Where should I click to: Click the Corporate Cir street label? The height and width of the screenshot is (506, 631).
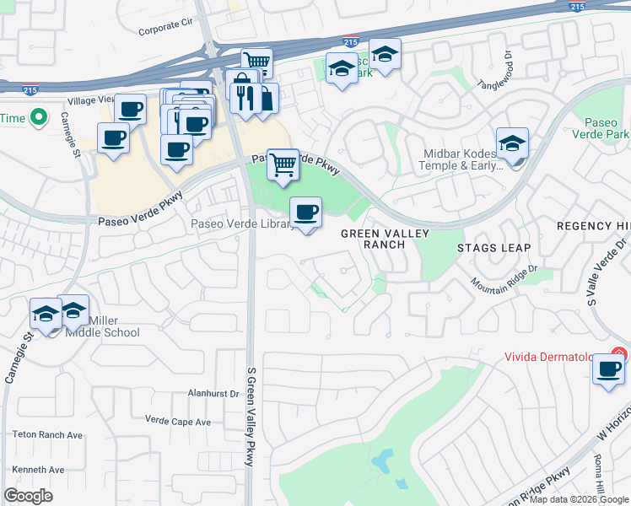click(166, 30)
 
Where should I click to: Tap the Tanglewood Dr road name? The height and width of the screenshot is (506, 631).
click(495, 72)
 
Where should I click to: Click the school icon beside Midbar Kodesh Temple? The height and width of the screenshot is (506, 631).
click(512, 144)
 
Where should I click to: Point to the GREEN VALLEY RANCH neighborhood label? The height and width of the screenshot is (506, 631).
click(385, 239)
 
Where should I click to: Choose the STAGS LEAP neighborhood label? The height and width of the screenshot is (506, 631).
click(493, 247)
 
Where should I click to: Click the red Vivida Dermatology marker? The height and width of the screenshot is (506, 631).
click(620, 355)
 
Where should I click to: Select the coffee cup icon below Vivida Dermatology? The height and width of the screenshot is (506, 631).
click(608, 369)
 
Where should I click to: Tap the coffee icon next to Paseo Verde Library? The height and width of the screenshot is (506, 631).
click(305, 213)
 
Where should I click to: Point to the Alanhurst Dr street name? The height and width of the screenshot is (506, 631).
click(213, 393)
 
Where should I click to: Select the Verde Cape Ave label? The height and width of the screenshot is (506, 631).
click(177, 421)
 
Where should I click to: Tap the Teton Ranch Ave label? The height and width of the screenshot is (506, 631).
click(47, 435)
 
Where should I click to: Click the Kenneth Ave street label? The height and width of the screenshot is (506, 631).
click(38, 470)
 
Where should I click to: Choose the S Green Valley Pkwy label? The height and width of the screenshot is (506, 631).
click(250, 417)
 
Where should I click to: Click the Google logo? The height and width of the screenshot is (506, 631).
click(29, 496)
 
